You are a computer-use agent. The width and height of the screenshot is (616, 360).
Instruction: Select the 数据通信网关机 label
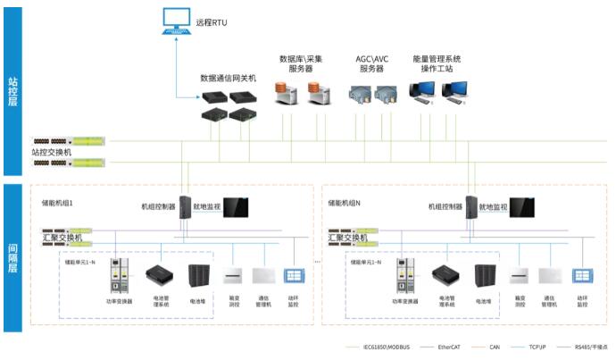point(228,79)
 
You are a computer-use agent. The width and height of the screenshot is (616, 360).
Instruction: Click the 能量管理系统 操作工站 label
point(437,63)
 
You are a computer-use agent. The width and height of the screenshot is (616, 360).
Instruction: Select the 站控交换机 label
point(54,153)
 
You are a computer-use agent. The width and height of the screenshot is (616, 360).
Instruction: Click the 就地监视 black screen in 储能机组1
point(236,209)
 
